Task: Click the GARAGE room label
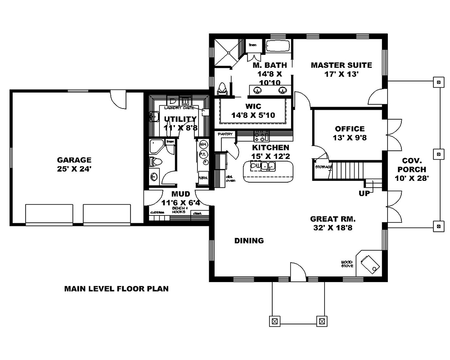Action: point(74,160)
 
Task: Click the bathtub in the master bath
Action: point(278,46)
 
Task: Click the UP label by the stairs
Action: point(364,193)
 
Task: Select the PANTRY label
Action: point(225,134)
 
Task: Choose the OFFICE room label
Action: point(350,129)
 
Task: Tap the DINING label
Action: point(249,241)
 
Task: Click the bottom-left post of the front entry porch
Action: point(274,321)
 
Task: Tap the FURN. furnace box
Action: point(203,178)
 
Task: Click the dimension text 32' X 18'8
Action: point(333,228)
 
